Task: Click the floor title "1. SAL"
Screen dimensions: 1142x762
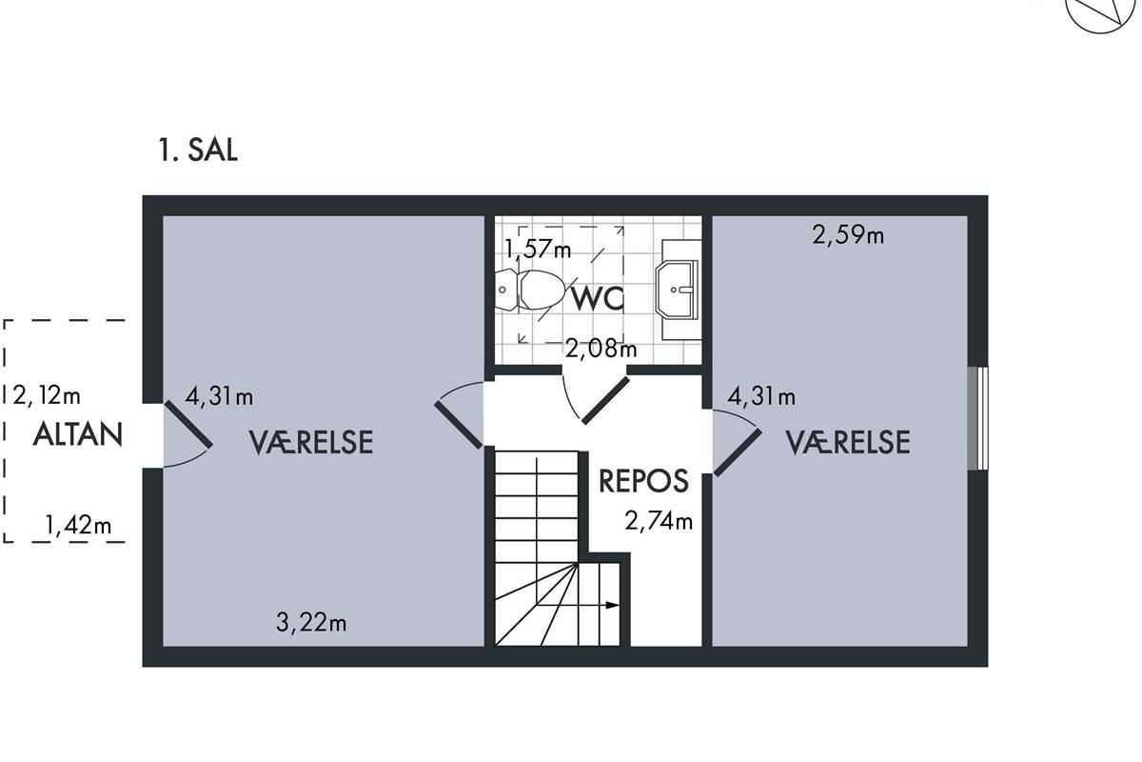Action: coord(198,150)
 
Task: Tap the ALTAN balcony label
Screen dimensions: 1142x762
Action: coord(77,435)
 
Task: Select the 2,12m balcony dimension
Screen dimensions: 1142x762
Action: coord(47,395)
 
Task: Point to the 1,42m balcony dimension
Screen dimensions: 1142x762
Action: coord(78,525)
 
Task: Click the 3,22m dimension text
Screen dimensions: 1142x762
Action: coord(311,623)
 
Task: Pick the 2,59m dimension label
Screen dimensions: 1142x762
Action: coord(848,235)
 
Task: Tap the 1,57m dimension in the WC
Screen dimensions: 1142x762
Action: coord(538,249)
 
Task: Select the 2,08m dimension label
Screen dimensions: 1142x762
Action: coord(601,349)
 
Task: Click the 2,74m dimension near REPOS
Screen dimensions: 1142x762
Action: coord(659,521)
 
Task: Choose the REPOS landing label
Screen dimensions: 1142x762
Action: coord(643,481)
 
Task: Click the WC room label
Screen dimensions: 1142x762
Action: coord(597,298)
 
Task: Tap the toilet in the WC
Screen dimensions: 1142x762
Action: coord(530,290)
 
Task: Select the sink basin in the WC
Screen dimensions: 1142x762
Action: coord(677,290)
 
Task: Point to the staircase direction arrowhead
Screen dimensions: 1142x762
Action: coord(612,605)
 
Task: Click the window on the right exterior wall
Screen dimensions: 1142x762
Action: coord(977,418)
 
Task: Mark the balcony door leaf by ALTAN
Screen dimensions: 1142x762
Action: coord(187,425)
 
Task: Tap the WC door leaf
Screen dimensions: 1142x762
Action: coord(605,401)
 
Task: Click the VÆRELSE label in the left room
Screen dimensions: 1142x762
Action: coord(311,442)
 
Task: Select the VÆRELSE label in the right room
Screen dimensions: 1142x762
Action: coord(848,442)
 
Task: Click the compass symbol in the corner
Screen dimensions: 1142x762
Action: coord(1100,12)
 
